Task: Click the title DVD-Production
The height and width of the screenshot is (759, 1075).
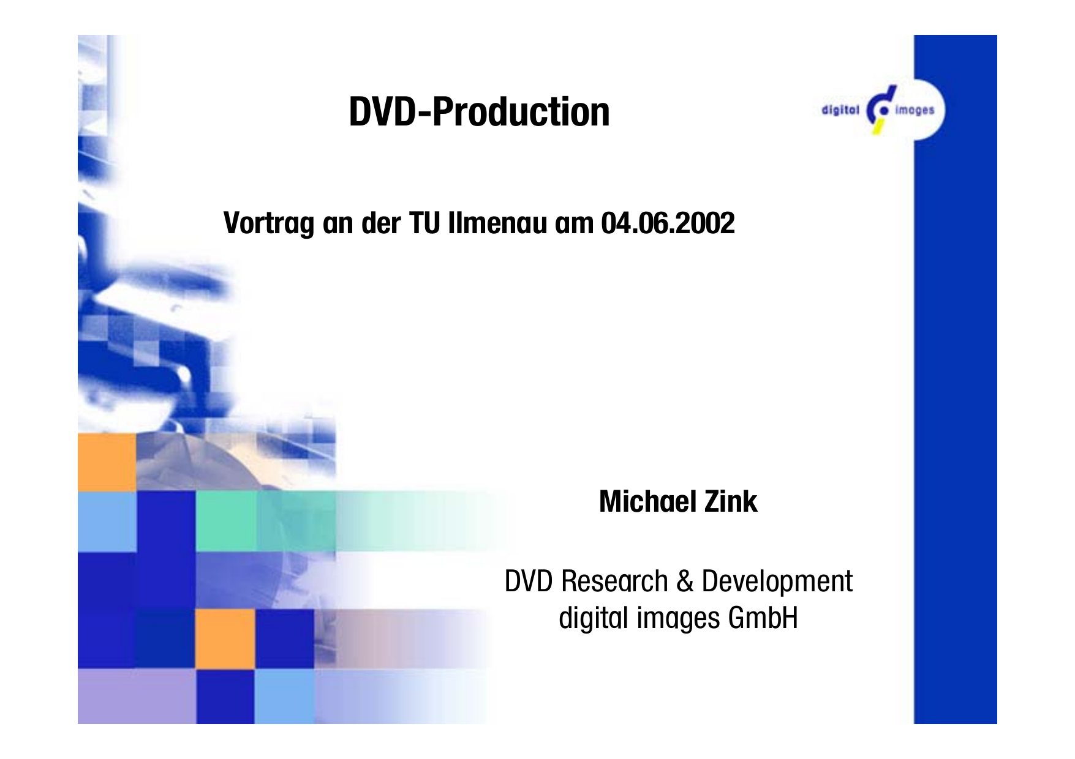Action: [x=479, y=112]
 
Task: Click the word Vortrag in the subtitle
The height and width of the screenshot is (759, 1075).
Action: [x=269, y=223]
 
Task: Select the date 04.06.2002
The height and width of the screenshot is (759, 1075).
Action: [x=668, y=223]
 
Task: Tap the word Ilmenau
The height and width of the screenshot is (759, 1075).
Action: [x=497, y=223]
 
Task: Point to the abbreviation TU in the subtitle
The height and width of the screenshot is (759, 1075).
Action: [x=424, y=223]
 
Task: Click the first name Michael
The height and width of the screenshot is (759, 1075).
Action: [x=648, y=501]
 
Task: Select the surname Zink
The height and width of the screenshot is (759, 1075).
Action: [x=731, y=501]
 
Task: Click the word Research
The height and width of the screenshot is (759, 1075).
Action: [x=614, y=581]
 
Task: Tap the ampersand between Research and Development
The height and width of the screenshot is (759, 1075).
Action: [x=685, y=581]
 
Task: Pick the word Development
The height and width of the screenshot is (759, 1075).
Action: [x=777, y=582]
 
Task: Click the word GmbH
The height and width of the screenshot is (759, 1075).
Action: [x=763, y=618]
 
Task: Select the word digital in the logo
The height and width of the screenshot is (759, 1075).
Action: [x=840, y=110]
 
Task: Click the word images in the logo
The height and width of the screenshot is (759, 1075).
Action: [x=915, y=110]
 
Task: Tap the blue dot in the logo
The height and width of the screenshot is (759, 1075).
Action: [x=884, y=111]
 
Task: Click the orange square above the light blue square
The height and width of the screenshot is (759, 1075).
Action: [x=107, y=462]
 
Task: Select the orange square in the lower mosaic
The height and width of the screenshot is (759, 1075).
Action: [x=225, y=638]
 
